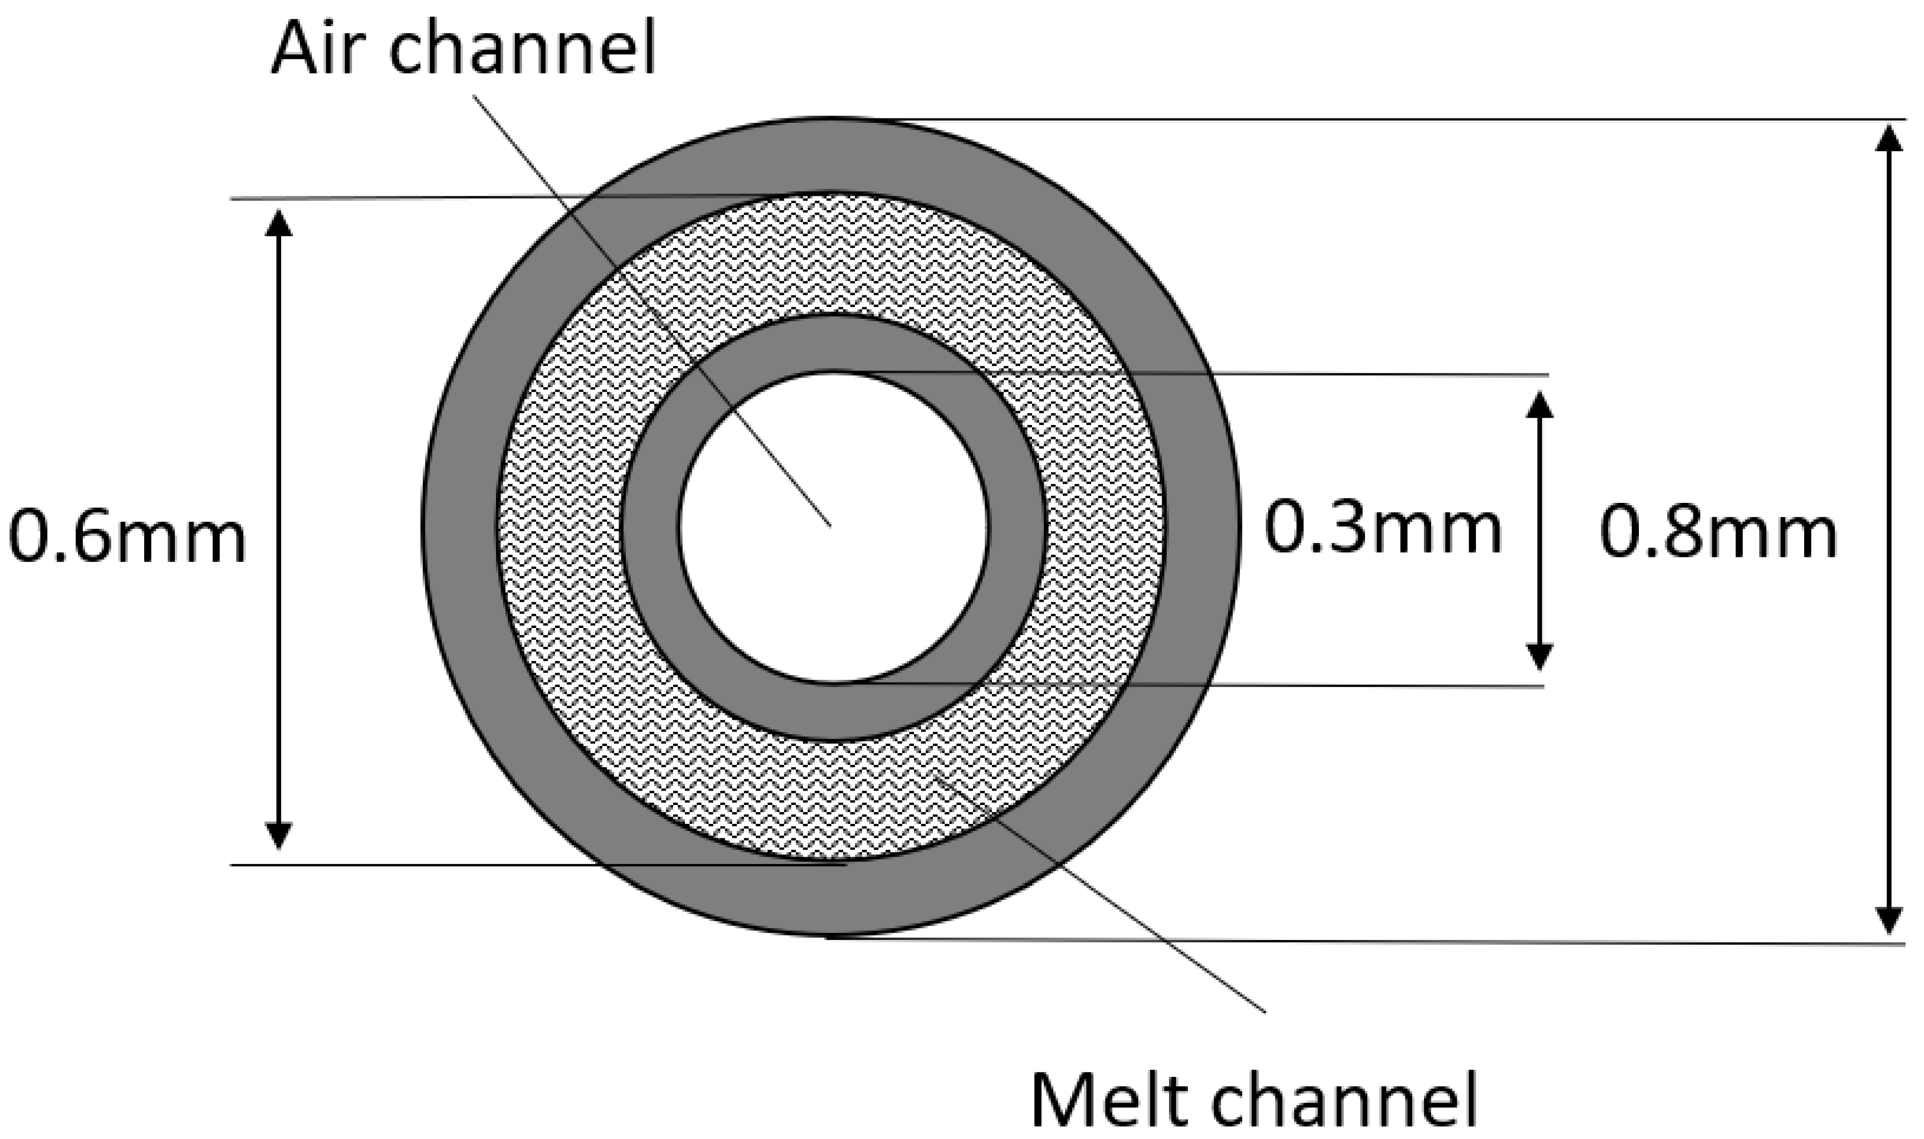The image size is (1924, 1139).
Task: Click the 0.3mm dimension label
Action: pos(1383,528)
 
